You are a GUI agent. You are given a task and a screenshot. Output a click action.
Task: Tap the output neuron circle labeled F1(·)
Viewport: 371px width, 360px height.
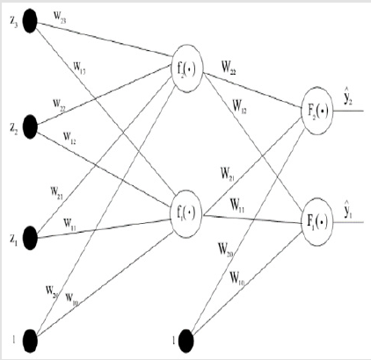coord(316,214)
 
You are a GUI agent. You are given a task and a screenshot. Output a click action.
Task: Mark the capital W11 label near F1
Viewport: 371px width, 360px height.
coord(238,205)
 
